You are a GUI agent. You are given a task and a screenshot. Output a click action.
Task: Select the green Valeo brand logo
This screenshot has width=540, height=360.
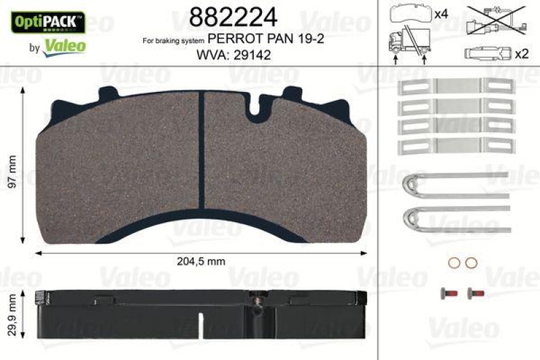coord(65,46)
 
